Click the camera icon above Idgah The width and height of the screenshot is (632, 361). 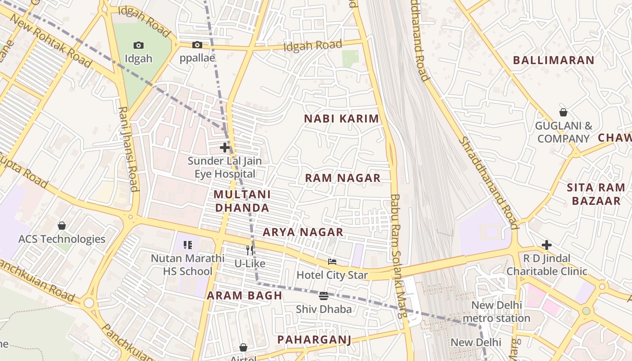pyautogui.click(x=139, y=45)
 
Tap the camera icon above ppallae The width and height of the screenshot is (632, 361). pyautogui.click(x=197, y=45)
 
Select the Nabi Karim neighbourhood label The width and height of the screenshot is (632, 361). pyautogui.click(x=341, y=119)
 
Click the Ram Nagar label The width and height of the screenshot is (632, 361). pyautogui.click(x=343, y=178)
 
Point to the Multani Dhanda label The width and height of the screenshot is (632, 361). pyautogui.click(x=242, y=201)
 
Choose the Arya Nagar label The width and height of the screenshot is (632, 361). pyautogui.click(x=303, y=232)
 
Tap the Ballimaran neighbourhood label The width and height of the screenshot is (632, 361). pyautogui.click(x=553, y=60)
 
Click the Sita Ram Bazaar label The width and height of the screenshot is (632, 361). pyautogui.click(x=596, y=194)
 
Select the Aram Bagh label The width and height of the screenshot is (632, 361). pyautogui.click(x=244, y=296)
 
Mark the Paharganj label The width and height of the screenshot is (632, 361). pyautogui.click(x=314, y=339)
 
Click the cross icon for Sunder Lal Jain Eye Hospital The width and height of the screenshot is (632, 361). pyautogui.click(x=225, y=148)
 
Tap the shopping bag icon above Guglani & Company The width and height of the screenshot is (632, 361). pyautogui.click(x=563, y=112)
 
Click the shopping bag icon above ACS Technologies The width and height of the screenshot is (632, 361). pyautogui.click(x=62, y=226)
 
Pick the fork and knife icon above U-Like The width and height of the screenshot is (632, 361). pyautogui.click(x=250, y=250)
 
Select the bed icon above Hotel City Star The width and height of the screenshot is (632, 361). pyautogui.click(x=332, y=262)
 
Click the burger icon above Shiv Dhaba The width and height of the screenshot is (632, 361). pyautogui.click(x=324, y=296)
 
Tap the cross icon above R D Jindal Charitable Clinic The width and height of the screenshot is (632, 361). pyautogui.click(x=547, y=245)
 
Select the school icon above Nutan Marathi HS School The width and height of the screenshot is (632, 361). pyautogui.click(x=188, y=245)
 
